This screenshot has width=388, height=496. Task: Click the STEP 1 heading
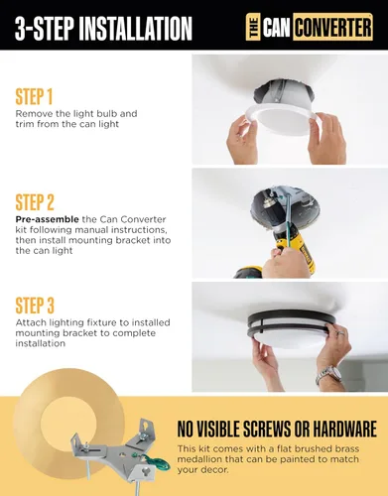click(x=34, y=96)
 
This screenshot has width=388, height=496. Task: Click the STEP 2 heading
click(x=35, y=202)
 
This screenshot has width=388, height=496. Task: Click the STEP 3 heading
click(x=35, y=306)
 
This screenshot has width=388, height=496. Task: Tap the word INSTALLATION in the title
click(x=136, y=28)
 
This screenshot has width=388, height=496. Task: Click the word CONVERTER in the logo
click(x=332, y=27)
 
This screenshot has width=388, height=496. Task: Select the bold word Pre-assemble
click(x=47, y=219)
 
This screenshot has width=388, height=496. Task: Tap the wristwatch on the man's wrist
click(x=328, y=375)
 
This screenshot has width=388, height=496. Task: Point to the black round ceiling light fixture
click(x=291, y=329)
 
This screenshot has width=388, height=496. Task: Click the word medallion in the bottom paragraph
click(x=199, y=459)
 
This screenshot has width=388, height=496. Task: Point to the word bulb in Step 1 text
click(x=102, y=114)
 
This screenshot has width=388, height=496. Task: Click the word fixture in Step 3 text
click(x=108, y=322)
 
